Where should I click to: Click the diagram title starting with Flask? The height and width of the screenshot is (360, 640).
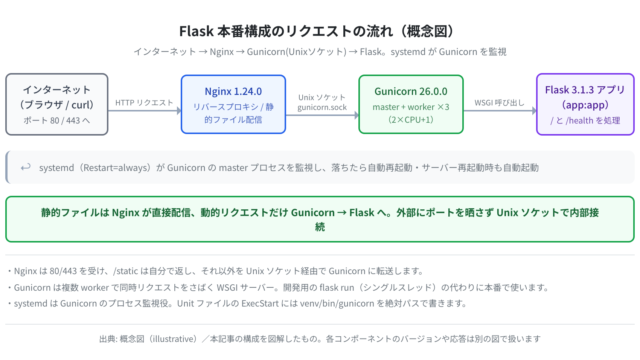[317, 31]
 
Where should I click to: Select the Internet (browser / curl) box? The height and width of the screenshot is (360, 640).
[57, 104]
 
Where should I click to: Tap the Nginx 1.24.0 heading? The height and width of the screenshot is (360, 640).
[233, 91]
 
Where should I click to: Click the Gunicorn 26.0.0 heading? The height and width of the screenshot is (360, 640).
[411, 91]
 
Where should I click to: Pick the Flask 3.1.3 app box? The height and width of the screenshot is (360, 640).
[585, 104]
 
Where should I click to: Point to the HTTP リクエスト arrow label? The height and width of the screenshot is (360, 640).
[144, 102]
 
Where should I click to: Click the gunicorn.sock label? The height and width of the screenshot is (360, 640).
[322, 107]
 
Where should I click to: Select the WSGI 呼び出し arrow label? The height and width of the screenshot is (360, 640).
[499, 102]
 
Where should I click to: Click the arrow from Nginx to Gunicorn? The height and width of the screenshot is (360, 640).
[322, 115]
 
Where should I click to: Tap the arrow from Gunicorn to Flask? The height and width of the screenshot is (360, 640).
[500, 111]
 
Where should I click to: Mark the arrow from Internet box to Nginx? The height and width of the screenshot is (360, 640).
[144, 111]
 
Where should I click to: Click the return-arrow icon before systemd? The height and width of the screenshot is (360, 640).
[26, 167]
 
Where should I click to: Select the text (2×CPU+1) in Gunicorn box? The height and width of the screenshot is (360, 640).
[411, 120]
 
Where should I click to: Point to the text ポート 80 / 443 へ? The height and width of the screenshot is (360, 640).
[57, 120]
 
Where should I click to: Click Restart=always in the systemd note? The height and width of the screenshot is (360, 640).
[117, 168]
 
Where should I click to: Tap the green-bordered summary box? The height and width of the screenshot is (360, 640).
[320, 219]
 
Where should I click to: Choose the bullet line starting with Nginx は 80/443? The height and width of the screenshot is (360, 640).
[216, 271]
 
